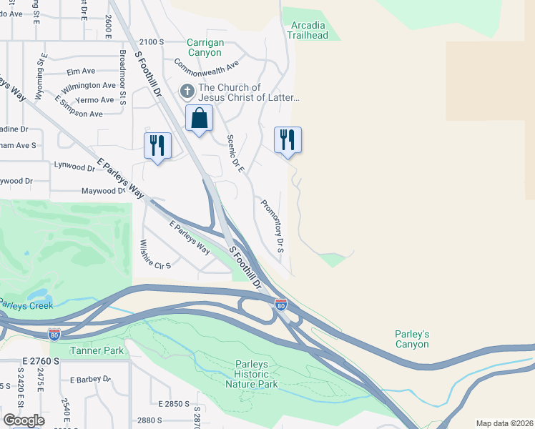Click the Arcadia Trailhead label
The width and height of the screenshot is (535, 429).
[x=308, y=29]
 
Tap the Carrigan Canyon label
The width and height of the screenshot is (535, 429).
[x=205, y=47]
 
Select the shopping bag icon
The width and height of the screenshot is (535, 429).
[x=199, y=118]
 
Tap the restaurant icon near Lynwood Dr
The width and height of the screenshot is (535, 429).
[x=157, y=145]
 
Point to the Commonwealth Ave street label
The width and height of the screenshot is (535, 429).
[x=206, y=66]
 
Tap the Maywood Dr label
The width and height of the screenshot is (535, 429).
[x=103, y=192]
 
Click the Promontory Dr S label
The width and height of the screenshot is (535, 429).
[x=273, y=226]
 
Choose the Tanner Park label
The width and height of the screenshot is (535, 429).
[x=97, y=350]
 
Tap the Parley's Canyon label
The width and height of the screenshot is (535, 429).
[x=412, y=339]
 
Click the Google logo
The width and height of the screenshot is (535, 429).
[x=24, y=420]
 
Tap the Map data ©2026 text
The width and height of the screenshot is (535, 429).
[x=504, y=423]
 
